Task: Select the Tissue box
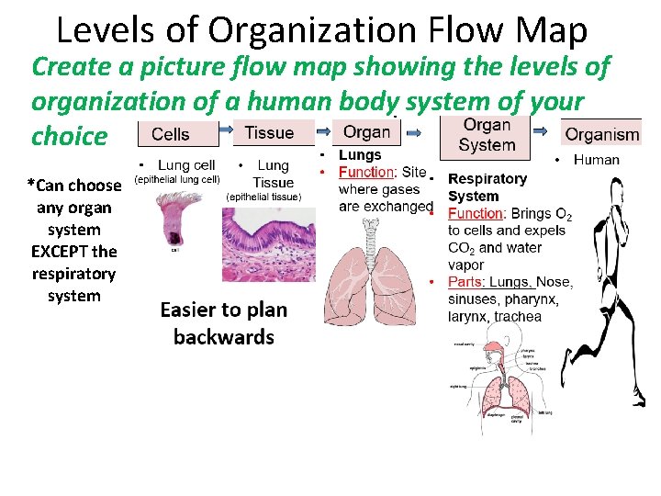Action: [x=269, y=132]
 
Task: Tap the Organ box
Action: [x=366, y=131]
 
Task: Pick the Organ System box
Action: [x=487, y=135]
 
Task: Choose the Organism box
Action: [x=601, y=134]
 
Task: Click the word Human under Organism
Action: [x=597, y=160]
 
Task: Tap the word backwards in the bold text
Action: [x=224, y=337]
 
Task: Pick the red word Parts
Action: [x=465, y=282]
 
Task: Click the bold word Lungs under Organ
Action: [x=360, y=155]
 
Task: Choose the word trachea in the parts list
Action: [x=518, y=317]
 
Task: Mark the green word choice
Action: [x=70, y=136]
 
